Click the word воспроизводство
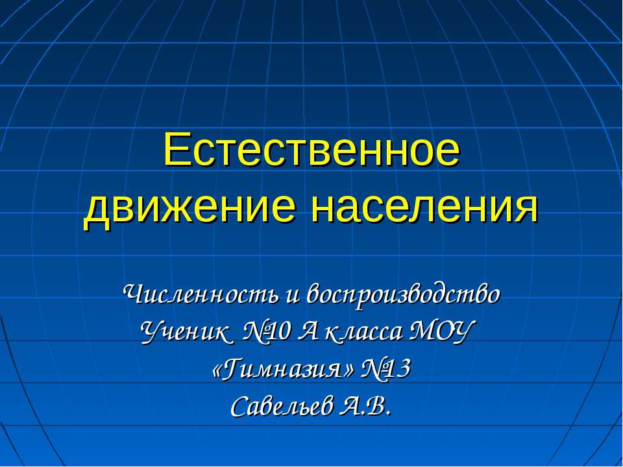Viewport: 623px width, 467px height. [404, 295]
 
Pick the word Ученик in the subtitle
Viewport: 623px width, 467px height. [185, 332]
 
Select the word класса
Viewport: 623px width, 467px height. [363, 332]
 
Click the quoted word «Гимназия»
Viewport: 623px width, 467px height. [283, 370]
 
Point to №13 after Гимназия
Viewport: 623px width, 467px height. [385, 370]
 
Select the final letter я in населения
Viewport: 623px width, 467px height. [528, 208]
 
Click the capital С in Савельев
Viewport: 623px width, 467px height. [239, 407]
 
